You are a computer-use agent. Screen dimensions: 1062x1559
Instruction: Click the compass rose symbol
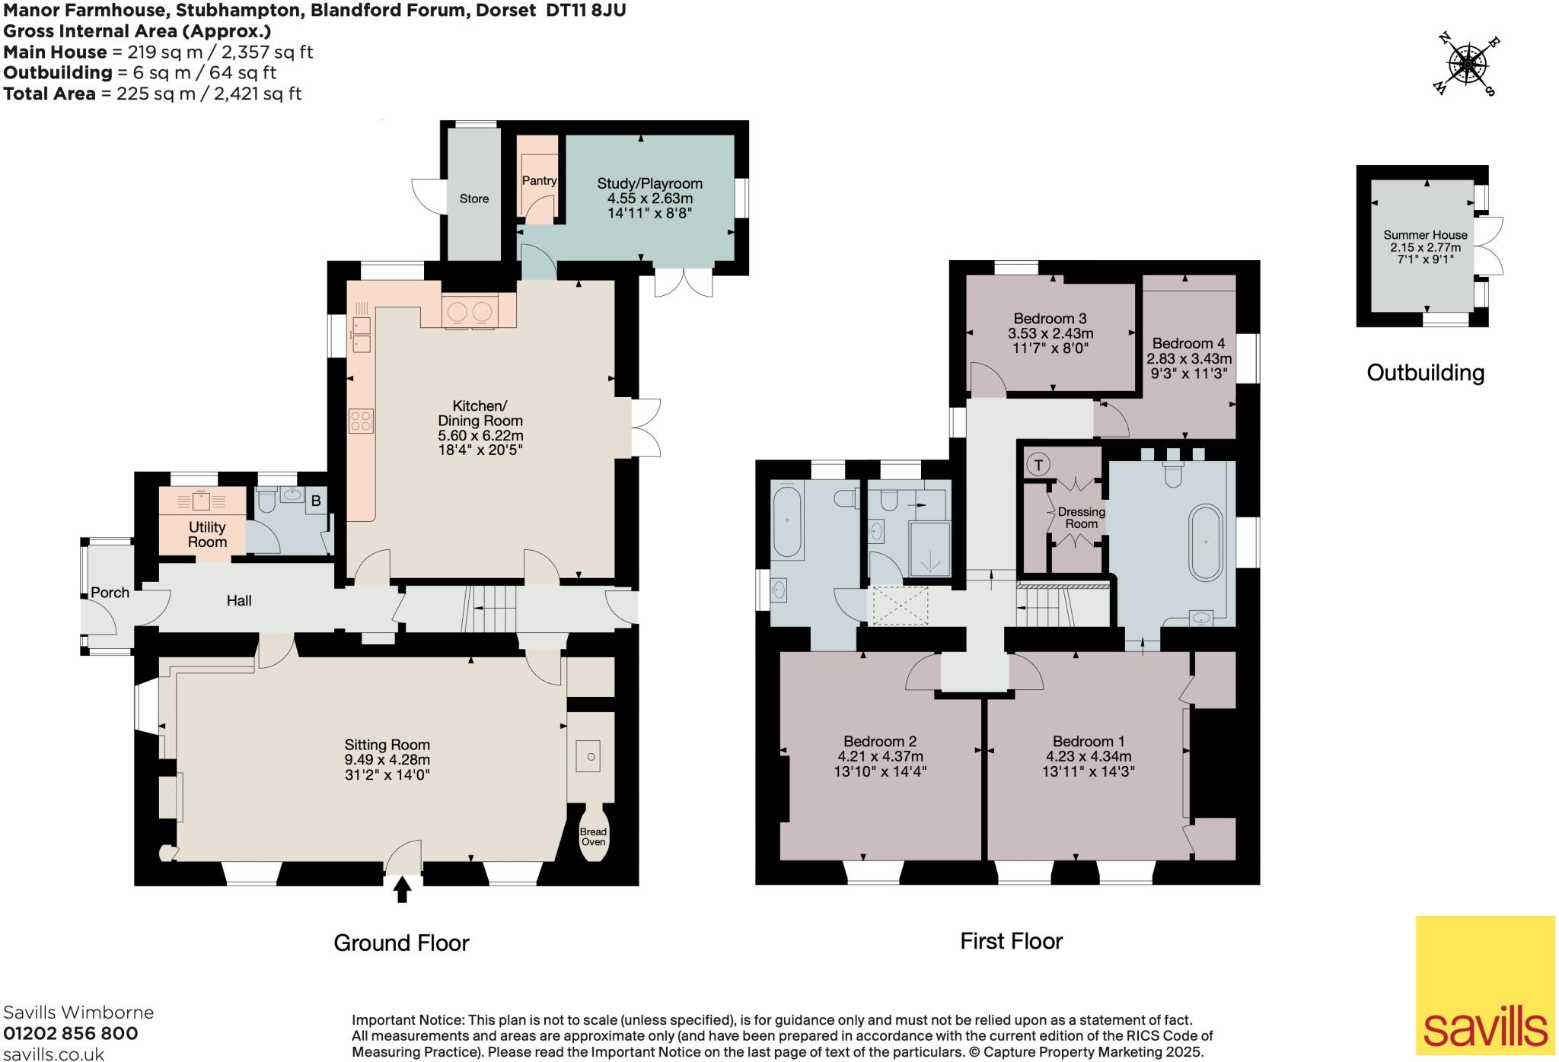click(1465, 65)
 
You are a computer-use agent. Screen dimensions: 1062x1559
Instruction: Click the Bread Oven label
click(593, 837)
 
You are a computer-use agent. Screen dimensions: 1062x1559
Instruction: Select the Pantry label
click(539, 180)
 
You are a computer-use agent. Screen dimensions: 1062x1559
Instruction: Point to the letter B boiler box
click(316, 501)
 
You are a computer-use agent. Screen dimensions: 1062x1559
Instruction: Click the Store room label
click(473, 199)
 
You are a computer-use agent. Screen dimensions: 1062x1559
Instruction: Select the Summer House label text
click(1425, 235)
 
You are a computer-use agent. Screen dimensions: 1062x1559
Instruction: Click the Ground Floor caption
click(401, 943)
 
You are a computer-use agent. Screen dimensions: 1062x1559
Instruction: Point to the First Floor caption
click(1011, 941)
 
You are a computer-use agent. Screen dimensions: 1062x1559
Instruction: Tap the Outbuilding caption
click(1425, 373)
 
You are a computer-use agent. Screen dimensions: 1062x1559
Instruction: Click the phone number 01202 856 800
click(71, 1033)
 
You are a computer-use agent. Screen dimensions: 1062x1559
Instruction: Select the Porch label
click(110, 593)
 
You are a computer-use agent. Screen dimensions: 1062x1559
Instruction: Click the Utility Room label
click(207, 534)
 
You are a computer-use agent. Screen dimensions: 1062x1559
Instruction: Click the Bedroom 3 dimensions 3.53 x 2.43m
click(1050, 333)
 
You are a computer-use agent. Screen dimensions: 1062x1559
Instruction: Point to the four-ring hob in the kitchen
click(361, 421)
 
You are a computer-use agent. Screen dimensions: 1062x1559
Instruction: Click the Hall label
click(239, 601)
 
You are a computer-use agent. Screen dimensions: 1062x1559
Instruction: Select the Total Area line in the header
click(152, 94)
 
